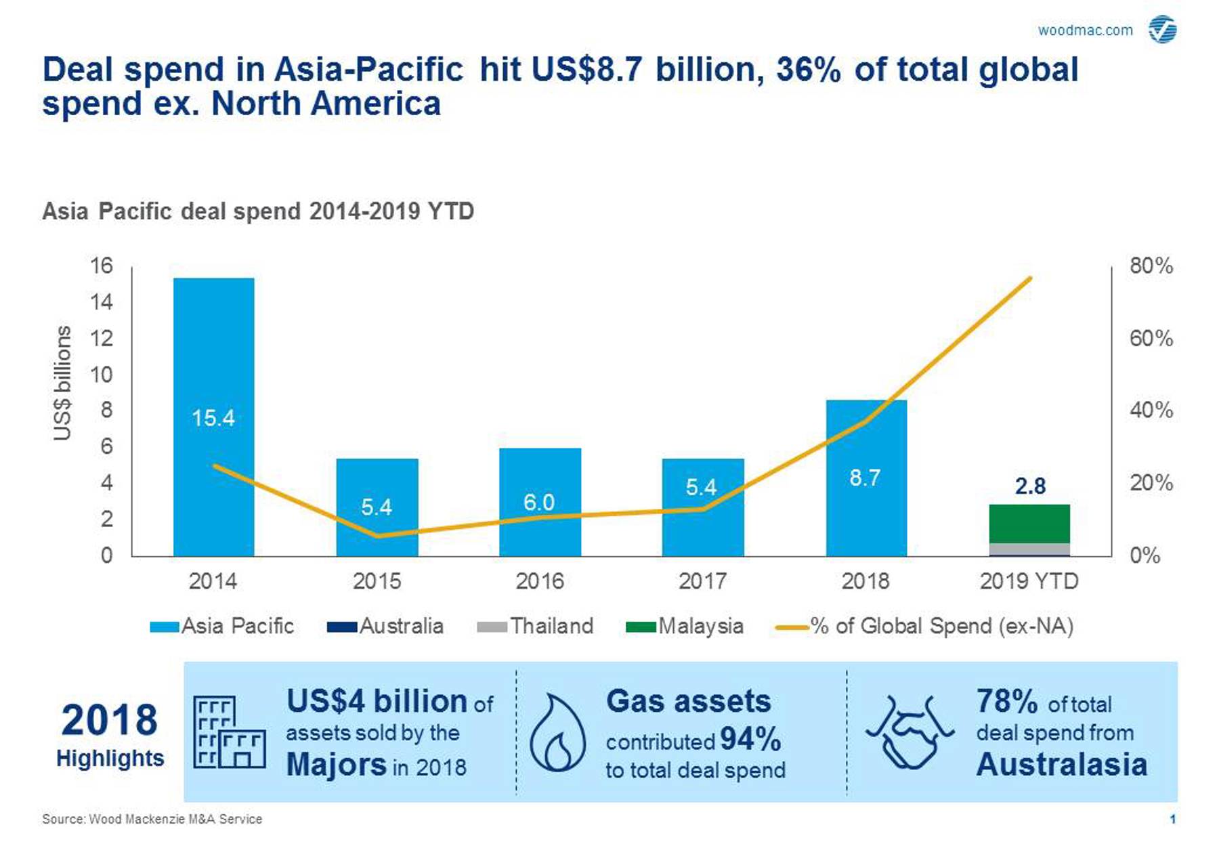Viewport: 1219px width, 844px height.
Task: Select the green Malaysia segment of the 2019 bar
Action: tap(1029, 523)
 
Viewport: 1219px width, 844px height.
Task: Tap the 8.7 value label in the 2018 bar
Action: tap(865, 478)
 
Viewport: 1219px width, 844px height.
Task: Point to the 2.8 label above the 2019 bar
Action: tap(1029, 486)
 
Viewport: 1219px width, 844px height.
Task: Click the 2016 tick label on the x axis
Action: tap(539, 581)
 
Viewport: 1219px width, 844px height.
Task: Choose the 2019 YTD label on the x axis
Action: tap(1029, 581)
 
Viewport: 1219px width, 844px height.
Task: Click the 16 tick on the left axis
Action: tap(102, 266)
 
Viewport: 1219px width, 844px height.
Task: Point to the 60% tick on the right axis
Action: tap(1151, 338)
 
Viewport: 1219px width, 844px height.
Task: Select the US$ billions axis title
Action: tap(62, 383)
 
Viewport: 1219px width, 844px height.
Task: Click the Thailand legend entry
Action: tap(535, 626)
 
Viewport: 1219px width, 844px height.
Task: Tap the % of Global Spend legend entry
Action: tap(924, 626)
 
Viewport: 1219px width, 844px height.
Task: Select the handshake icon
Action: tap(910, 732)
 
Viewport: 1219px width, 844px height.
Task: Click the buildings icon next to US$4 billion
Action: tap(229, 732)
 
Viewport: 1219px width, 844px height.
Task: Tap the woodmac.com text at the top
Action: tap(1085, 30)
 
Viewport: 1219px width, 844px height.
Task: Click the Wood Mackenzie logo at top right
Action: tap(1162, 30)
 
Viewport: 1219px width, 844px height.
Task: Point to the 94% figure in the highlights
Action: tap(750, 739)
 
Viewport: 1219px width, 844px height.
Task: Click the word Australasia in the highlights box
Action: tap(1061, 765)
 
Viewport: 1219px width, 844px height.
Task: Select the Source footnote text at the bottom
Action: tap(152, 819)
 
